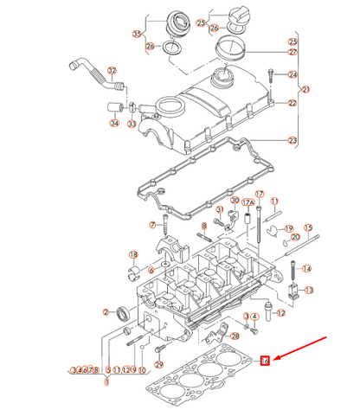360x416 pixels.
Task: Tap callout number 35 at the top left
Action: coord(137,34)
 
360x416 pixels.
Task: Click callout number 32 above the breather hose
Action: coord(111,70)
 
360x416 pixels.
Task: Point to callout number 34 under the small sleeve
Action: coord(114,123)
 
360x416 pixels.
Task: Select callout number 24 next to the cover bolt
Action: coord(292,74)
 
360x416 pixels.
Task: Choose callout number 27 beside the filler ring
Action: coord(292,53)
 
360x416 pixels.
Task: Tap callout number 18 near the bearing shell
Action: coord(132,254)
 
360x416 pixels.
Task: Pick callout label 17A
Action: coord(247,202)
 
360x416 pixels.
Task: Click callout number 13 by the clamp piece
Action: coord(309,290)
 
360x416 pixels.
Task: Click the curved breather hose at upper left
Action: coord(85,72)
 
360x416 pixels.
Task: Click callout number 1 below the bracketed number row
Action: coord(107,381)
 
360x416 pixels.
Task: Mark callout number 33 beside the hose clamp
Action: coord(132,123)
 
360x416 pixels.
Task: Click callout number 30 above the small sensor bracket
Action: coord(210,201)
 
